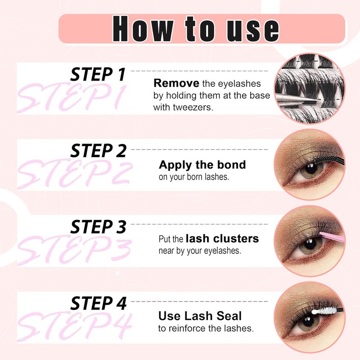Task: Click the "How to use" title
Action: pyautogui.click(x=196, y=29)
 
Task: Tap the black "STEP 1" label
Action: pyautogui.click(x=98, y=74)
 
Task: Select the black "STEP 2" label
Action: pyautogui.click(x=99, y=151)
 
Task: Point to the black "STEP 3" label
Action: pyautogui.click(x=99, y=227)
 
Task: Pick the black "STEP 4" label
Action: pyautogui.click(x=99, y=303)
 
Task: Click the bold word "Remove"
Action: pyautogui.click(x=176, y=83)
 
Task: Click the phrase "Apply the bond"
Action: pyautogui.click(x=202, y=165)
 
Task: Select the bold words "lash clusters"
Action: pyautogui.click(x=222, y=238)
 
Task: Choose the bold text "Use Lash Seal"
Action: pyautogui.click(x=200, y=316)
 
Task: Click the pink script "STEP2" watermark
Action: pyautogui.click(x=75, y=173)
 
